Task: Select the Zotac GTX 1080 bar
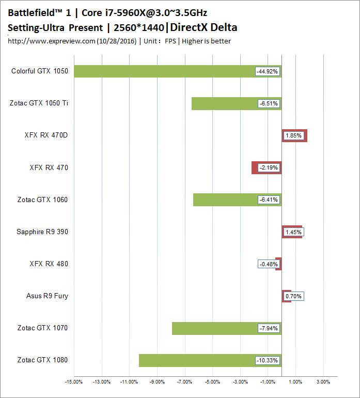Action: pyautogui.click(x=196, y=360)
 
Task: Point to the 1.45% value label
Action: pyautogui.click(x=293, y=232)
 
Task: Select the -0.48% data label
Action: pyautogui.click(x=269, y=264)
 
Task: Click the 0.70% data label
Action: pyautogui.click(x=293, y=296)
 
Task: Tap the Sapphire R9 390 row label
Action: pyautogui.click(x=42, y=232)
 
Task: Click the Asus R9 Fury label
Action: pyautogui.click(x=47, y=296)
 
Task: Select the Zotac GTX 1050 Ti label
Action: pyautogui.click(x=39, y=103)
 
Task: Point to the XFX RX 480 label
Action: pyautogui.click(x=49, y=264)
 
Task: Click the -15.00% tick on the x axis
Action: pyautogui.click(x=74, y=382)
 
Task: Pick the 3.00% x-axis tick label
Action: pyautogui.click(x=323, y=382)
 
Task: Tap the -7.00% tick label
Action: pyautogui.click(x=184, y=382)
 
